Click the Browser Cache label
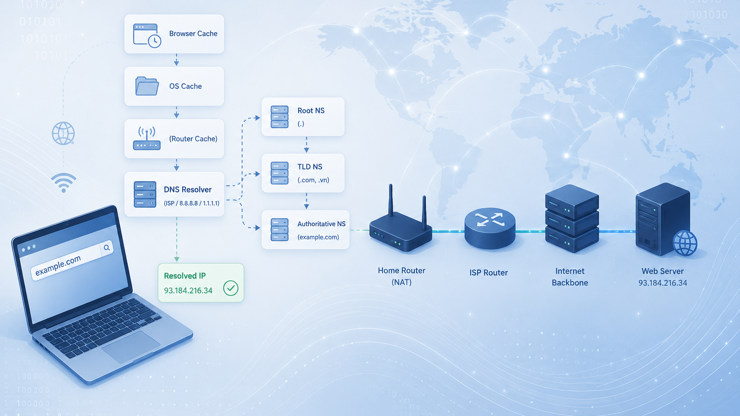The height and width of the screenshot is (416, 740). (x=193, y=34)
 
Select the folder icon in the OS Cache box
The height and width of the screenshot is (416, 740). (x=147, y=86)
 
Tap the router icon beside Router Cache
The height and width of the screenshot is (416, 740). (x=146, y=138)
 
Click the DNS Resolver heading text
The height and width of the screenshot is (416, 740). (x=187, y=190)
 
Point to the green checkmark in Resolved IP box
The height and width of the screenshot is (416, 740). (x=231, y=288)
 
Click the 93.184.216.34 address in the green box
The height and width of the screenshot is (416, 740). (x=188, y=290)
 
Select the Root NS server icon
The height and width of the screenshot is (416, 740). (x=279, y=117)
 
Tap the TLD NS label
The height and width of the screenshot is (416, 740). (x=310, y=167)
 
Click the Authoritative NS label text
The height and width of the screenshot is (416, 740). (x=321, y=224)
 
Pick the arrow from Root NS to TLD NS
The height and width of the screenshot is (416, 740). (x=306, y=144)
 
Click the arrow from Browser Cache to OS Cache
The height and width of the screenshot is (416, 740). (x=176, y=60)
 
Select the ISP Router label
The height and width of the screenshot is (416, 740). (x=489, y=273)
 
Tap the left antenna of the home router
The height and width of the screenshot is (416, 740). (x=391, y=200)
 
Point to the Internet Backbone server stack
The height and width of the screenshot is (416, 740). (x=572, y=218)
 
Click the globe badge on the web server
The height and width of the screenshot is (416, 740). (x=685, y=243)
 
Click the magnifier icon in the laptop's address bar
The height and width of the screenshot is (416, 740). (x=106, y=247)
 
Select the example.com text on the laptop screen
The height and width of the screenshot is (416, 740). (x=58, y=265)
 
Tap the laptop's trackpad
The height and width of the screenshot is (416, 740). (x=131, y=346)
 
